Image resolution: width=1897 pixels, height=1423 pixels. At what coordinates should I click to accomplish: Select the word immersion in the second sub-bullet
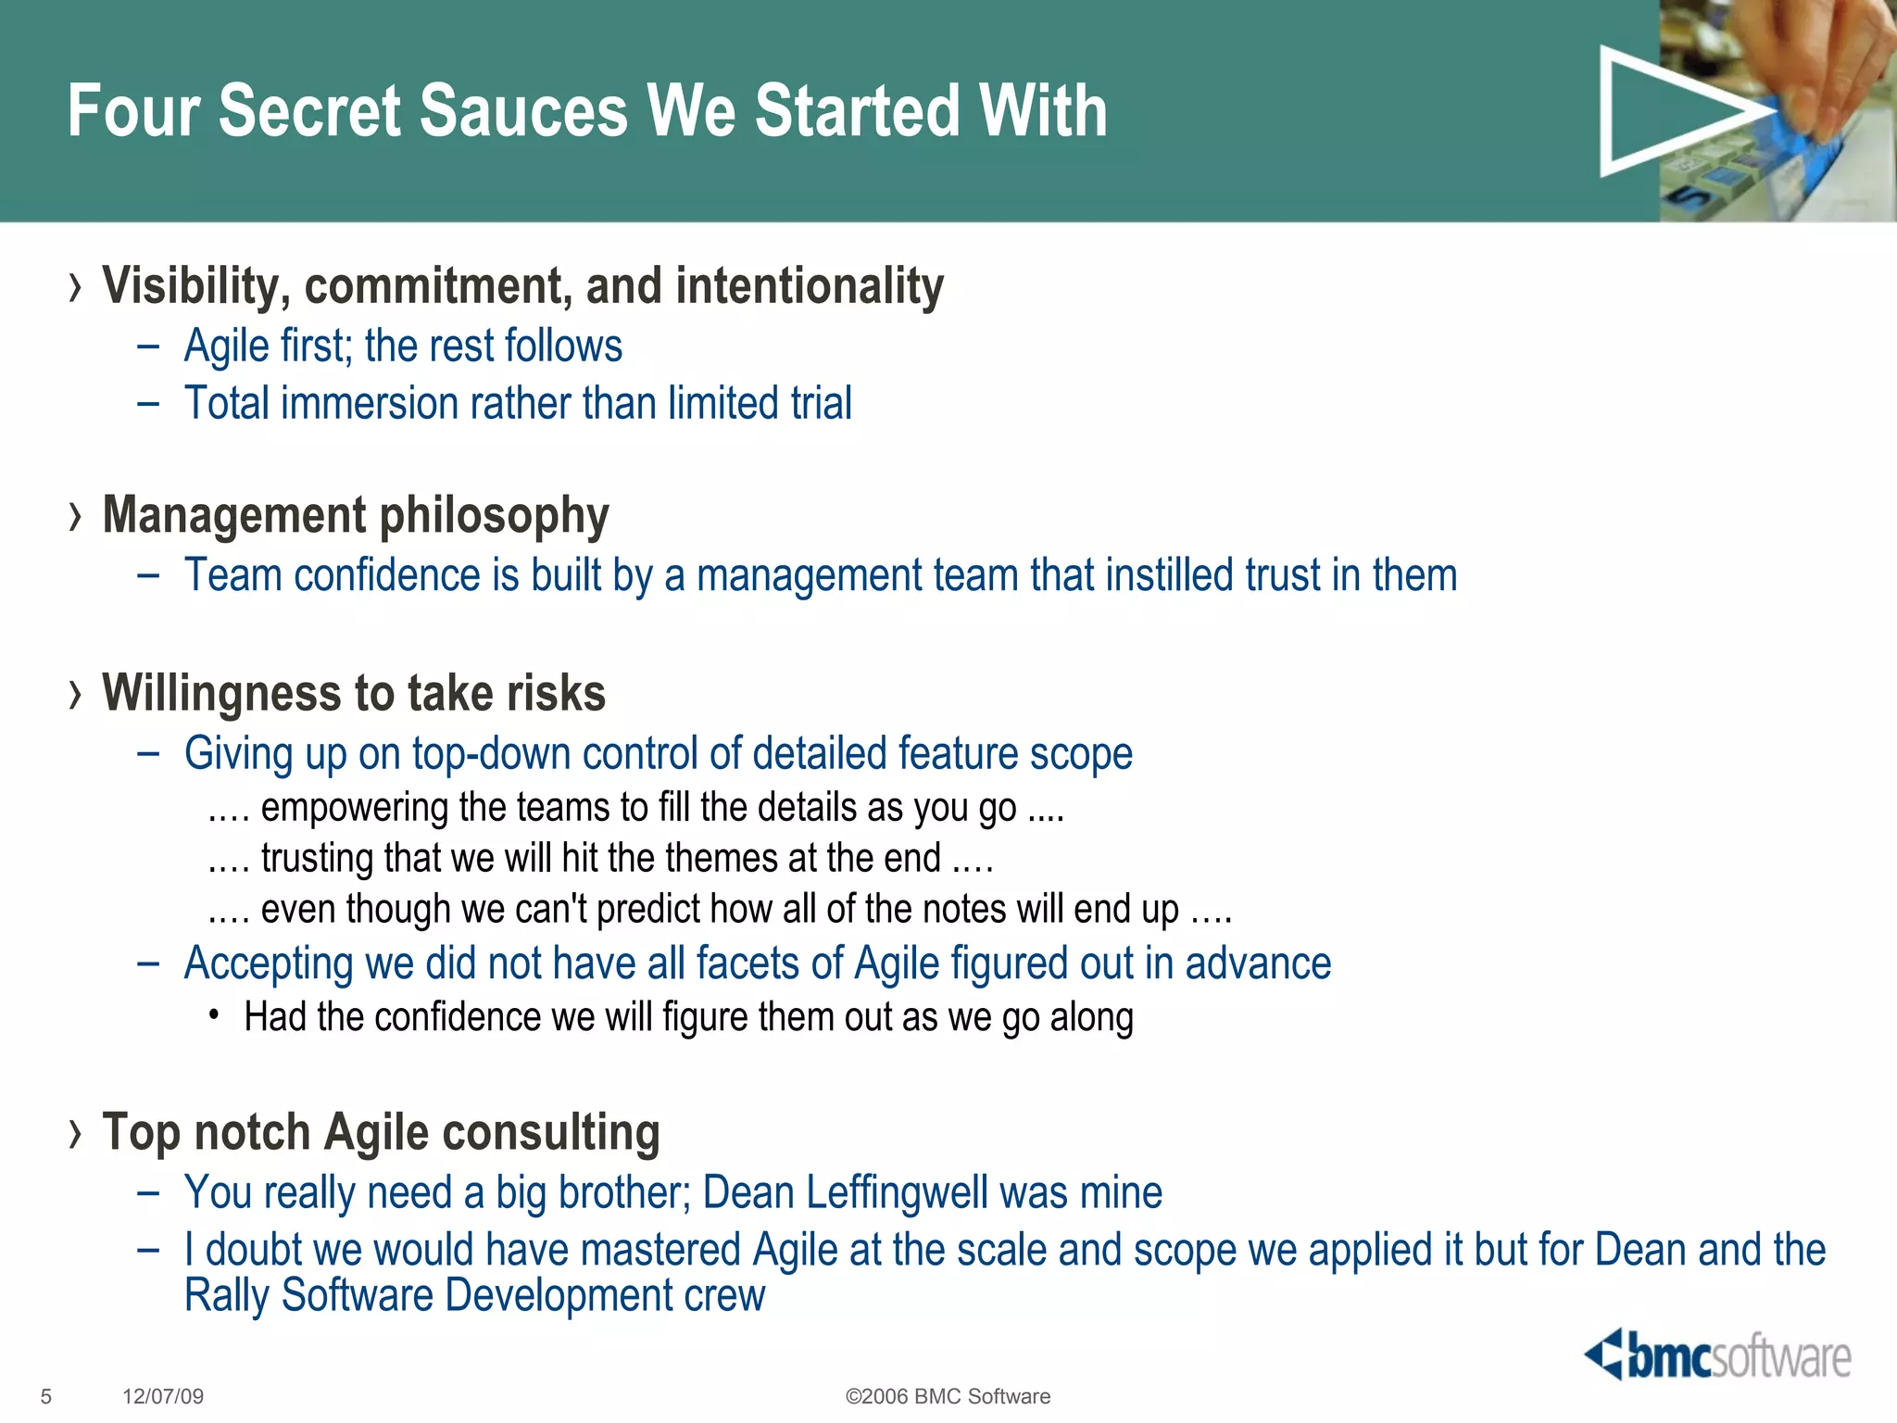coord(367,404)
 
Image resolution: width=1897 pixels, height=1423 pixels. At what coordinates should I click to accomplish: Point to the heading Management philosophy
coord(356,515)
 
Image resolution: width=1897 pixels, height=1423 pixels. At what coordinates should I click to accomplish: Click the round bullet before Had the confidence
coord(214,1016)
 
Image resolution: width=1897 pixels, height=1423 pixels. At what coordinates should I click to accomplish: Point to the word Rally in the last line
coord(227,1295)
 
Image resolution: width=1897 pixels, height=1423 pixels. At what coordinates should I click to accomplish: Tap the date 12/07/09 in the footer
coord(163,1396)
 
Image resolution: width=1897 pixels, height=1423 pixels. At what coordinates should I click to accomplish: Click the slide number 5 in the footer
coord(46,1396)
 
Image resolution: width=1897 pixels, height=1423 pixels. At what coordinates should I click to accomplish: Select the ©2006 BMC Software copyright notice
coord(948,1396)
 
